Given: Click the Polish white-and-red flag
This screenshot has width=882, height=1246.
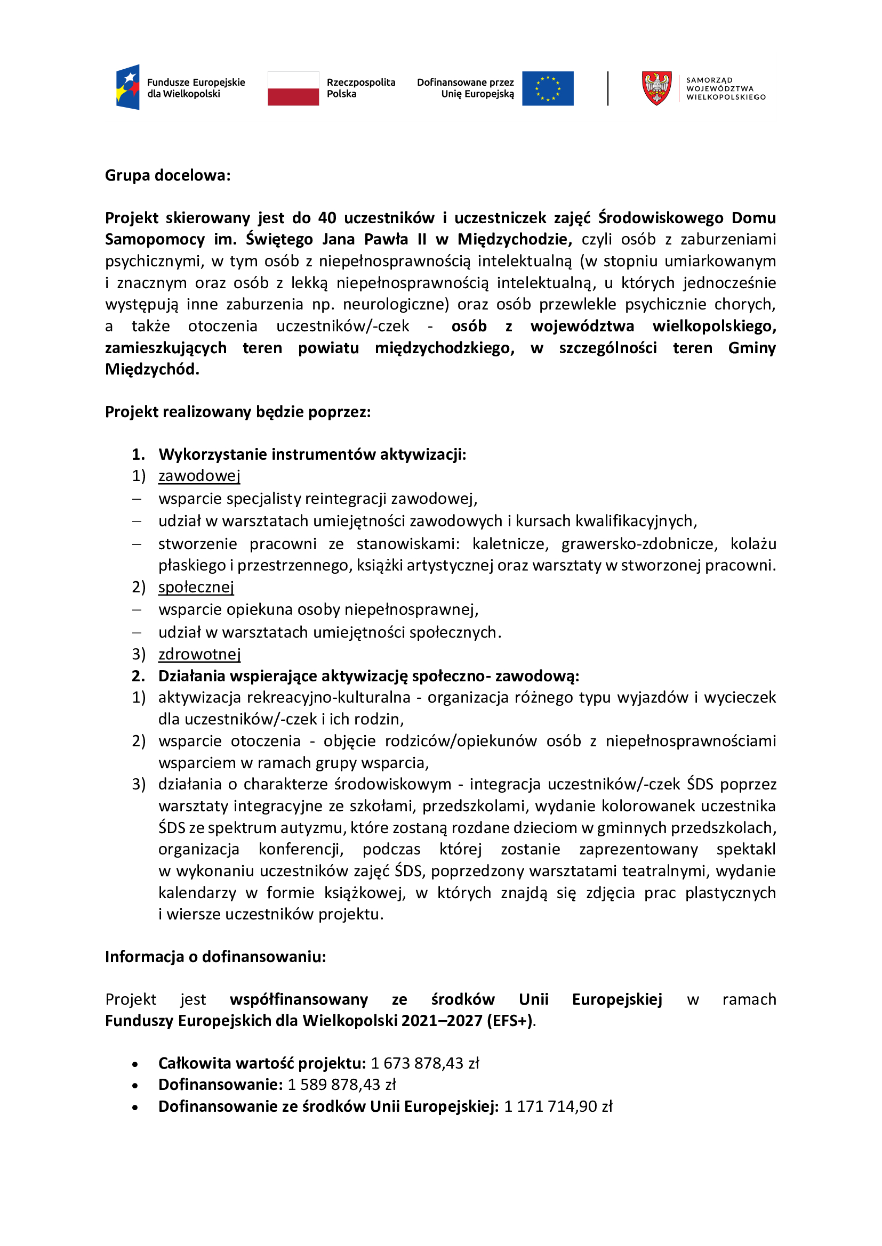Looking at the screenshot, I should (x=293, y=88).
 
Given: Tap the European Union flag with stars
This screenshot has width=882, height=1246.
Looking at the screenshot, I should (x=548, y=88).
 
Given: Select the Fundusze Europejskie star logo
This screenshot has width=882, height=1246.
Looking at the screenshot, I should (x=128, y=87).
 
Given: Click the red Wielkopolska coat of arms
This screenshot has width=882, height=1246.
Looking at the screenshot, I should (x=656, y=88).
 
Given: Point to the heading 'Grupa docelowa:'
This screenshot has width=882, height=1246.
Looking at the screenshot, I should (x=168, y=175).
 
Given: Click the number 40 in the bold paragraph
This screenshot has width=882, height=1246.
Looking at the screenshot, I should (x=327, y=218).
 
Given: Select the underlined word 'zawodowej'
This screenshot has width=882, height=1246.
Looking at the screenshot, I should (x=199, y=476).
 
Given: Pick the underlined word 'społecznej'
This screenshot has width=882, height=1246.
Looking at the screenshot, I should (x=196, y=587).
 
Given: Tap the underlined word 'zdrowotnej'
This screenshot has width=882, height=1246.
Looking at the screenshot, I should (x=199, y=654).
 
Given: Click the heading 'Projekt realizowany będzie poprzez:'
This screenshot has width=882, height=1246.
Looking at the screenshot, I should (x=238, y=412).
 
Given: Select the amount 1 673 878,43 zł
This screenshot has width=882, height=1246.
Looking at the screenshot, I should (x=424, y=1063).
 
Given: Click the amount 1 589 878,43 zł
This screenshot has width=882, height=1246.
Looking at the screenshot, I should (x=342, y=1084).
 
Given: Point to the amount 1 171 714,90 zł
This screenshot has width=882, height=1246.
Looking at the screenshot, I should (x=558, y=1106).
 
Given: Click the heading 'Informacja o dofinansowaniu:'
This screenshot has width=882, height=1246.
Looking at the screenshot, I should (x=215, y=956).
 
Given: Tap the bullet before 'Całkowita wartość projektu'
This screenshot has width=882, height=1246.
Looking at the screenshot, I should (x=135, y=1064).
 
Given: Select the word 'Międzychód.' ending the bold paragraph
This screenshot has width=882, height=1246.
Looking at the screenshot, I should (x=152, y=369).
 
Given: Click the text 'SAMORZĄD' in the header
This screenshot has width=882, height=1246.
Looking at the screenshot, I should (x=709, y=80).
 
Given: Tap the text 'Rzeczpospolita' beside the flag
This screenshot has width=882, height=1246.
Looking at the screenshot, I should (x=360, y=83).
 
